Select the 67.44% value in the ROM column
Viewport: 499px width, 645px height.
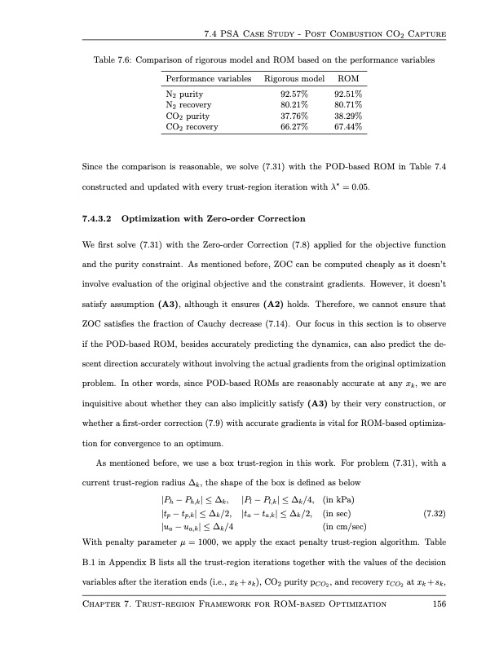coord(348,127)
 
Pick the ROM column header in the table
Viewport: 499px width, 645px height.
coord(348,78)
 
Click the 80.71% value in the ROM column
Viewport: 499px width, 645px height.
coord(348,105)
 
